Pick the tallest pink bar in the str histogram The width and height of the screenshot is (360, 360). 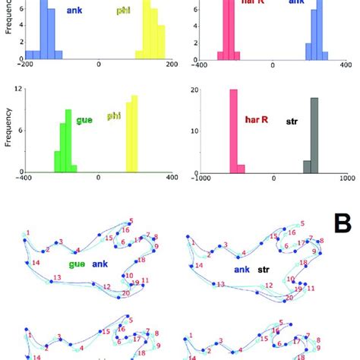coord(234,132)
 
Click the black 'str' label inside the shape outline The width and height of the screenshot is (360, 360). coord(264,268)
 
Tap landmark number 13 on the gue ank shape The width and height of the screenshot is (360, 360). coord(57,279)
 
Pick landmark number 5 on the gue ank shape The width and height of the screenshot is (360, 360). coord(131,220)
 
